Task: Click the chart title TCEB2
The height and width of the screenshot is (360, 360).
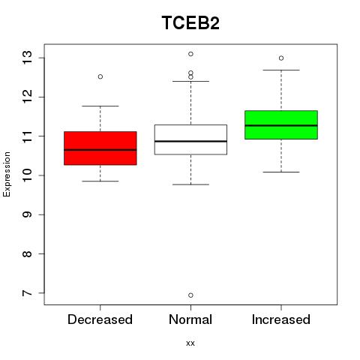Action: click(190, 22)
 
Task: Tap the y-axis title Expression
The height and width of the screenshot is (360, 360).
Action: click(7, 174)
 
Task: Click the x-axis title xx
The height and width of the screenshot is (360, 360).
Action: click(190, 343)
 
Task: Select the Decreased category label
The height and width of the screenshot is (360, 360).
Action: click(100, 319)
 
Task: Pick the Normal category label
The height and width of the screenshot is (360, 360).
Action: click(190, 319)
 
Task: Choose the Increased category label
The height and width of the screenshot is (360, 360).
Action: click(281, 319)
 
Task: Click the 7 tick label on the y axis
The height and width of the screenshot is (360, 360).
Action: click(28, 292)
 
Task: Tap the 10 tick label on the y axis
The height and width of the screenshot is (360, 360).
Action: click(28, 175)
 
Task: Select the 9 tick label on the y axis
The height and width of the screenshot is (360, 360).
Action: click(28, 214)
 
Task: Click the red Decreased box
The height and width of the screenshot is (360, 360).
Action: click(100, 148)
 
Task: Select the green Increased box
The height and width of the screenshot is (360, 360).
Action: click(281, 124)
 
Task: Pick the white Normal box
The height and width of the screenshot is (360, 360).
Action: click(190, 139)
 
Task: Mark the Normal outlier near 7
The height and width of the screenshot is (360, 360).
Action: click(190, 295)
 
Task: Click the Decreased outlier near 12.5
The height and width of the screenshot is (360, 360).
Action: click(100, 76)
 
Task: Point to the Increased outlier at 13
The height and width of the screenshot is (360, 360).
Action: click(281, 58)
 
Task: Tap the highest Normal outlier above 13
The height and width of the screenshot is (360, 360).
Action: click(190, 54)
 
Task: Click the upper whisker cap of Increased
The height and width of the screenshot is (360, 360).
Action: click(281, 70)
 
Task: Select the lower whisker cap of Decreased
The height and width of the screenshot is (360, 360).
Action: click(100, 181)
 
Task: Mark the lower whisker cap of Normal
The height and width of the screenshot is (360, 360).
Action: click(190, 184)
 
